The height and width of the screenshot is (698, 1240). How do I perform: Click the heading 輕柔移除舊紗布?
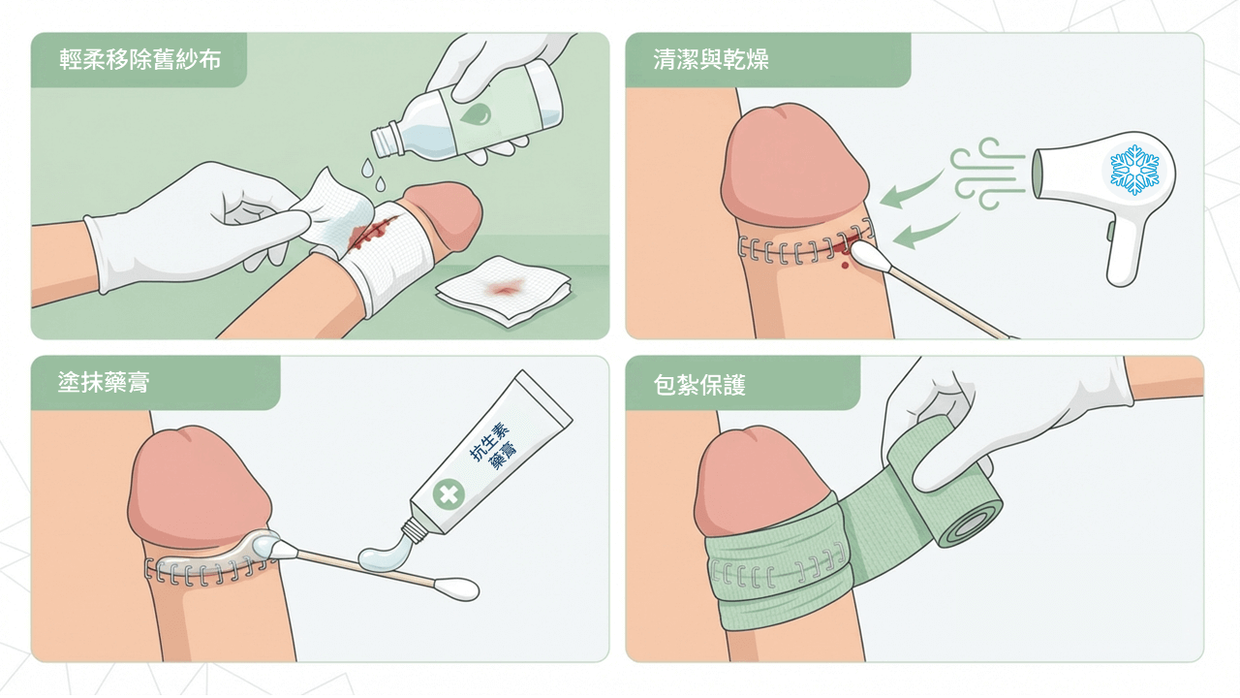[139, 60]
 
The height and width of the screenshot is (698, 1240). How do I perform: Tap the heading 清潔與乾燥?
[711, 60]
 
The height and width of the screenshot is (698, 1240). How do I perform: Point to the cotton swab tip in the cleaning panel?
[864, 256]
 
